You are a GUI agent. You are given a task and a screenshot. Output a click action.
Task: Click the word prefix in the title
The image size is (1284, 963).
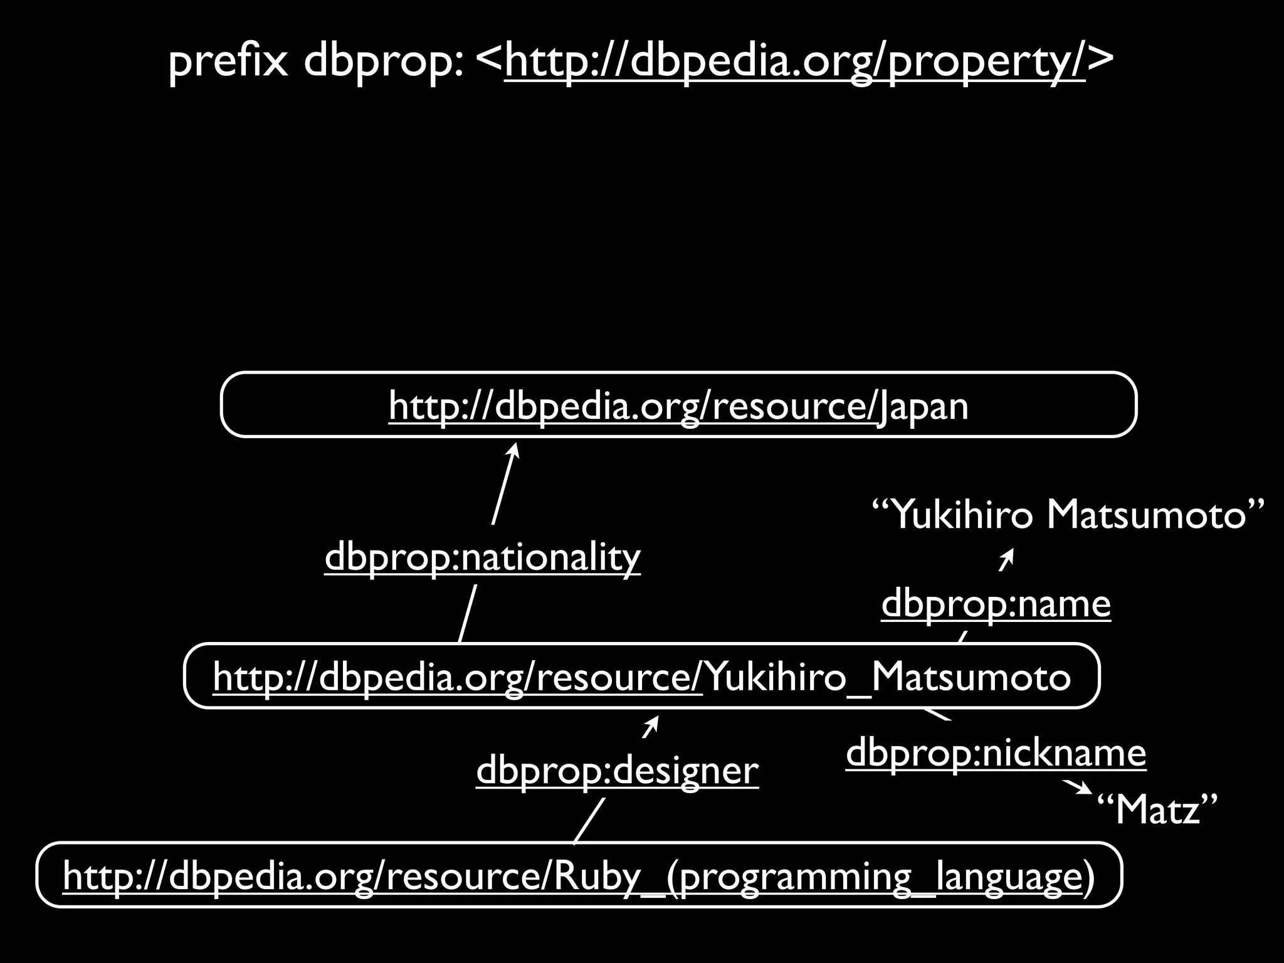[x=228, y=61]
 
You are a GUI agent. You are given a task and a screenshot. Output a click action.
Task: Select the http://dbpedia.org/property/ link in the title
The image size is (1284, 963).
[x=794, y=61]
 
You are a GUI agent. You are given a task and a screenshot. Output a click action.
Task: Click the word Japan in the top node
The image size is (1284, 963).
[x=923, y=406]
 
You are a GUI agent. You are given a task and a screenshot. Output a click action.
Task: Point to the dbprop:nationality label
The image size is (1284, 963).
[x=482, y=557]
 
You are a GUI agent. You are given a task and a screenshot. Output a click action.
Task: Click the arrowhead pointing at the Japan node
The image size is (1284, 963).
[x=515, y=450]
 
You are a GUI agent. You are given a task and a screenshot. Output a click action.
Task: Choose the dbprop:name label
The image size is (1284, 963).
[x=996, y=604]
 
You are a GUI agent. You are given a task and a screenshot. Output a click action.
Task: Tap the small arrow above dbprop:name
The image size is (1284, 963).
[x=1006, y=560]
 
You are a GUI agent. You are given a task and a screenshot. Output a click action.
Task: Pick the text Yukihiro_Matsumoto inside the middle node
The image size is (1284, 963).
[x=888, y=677]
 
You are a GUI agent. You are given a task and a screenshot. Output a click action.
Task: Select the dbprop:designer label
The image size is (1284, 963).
[x=617, y=771]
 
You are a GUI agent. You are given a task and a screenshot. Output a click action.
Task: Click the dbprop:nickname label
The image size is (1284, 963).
[x=996, y=753]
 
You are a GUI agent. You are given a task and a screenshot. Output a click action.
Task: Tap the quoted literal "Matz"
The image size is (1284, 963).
[x=1157, y=809]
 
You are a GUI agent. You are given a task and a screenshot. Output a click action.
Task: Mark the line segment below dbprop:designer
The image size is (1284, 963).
[x=589, y=821]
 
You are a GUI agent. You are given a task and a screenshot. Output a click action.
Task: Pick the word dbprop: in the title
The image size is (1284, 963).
[x=384, y=61]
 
